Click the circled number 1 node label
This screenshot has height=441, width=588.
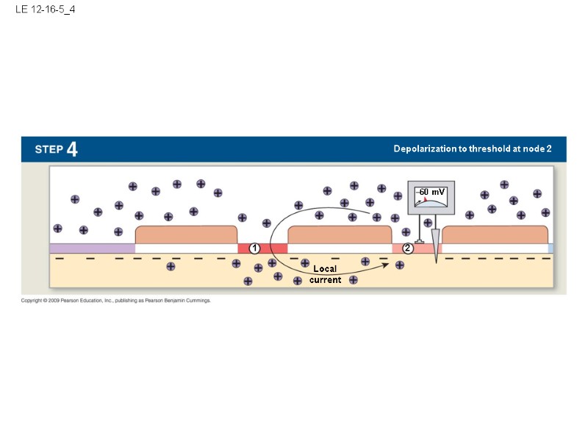(x=254, y=248)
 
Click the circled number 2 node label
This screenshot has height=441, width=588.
(x=408, y=248)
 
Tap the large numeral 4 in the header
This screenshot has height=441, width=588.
(x=72, y=149)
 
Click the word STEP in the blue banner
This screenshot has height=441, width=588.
(x=49, y=149)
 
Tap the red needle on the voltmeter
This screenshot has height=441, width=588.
(x=426, y=198)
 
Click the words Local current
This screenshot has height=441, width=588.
(x=325, y=274)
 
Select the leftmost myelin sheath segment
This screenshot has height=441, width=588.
(x=186, y=235)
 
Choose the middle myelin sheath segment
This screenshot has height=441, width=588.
(x=340, y=235)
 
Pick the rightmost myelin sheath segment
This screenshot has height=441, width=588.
(x=495, y=235)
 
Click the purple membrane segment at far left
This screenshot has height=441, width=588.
(x=92, y=248)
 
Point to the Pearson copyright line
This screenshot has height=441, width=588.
(x=115, y=301)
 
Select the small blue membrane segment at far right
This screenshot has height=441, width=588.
(x=551, y=248)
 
